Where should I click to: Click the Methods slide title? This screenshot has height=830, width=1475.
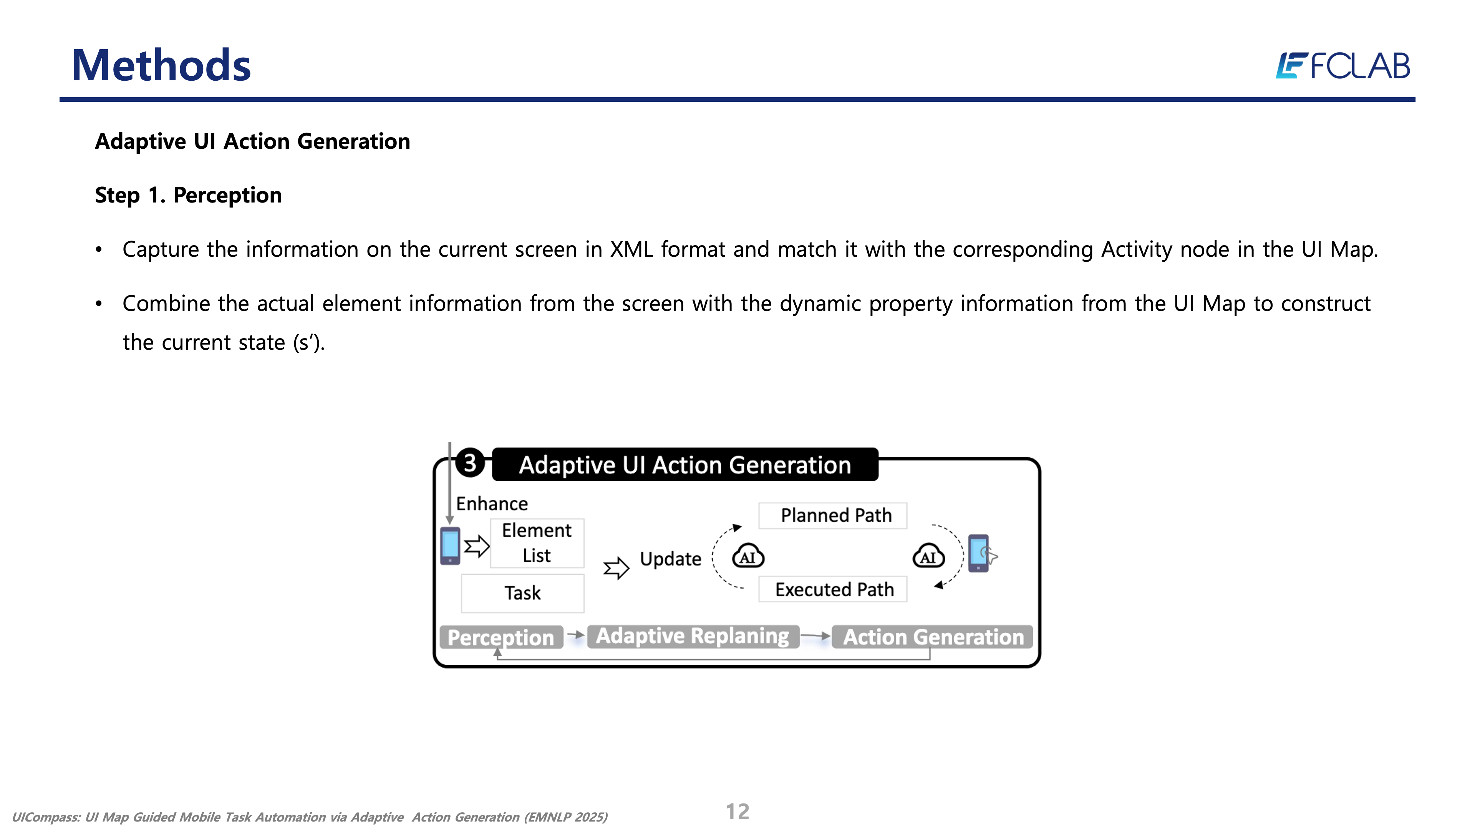(161, 65)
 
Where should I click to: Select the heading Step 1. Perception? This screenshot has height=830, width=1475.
(188, 195)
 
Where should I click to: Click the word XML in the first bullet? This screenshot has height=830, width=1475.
(631, 250)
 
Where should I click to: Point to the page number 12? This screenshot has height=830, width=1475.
(737, 812)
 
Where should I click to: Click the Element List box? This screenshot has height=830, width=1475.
(537, 543)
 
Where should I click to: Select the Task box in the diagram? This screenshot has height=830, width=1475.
(522, 593)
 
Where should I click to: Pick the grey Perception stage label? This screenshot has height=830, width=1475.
(501, 637)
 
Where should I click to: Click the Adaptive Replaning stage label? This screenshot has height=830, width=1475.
(692, 636)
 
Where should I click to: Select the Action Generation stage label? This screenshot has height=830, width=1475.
(933, 637)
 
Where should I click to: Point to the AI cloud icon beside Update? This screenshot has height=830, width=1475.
(748, 556)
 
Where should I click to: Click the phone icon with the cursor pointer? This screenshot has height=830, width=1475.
(980, 553)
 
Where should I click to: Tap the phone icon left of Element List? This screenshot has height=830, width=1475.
(450, 546)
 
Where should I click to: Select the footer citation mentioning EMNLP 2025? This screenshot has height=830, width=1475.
(310, 817)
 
